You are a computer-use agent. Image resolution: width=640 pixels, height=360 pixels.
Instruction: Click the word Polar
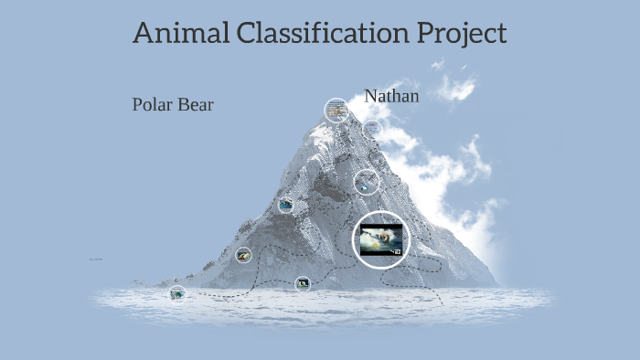(152, 104)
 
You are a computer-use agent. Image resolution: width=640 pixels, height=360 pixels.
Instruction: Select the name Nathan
(391, 95)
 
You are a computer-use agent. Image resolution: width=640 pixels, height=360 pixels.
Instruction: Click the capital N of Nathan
(370, 95)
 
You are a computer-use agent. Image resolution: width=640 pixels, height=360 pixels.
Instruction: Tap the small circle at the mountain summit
(336, 111)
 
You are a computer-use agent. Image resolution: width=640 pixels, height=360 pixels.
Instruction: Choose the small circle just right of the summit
(372, 128)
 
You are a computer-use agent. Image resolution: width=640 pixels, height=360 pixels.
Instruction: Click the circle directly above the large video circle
(367, 181)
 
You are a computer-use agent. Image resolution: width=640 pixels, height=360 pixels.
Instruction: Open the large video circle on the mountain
(380, 239)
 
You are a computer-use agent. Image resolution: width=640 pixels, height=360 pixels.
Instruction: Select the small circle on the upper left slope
(286, 206)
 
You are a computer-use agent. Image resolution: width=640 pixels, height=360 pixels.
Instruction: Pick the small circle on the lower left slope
(243, 256)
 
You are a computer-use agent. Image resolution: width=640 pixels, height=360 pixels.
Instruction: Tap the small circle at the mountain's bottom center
(303, 284)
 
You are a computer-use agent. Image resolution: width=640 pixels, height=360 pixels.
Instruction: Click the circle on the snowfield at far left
(177, 293)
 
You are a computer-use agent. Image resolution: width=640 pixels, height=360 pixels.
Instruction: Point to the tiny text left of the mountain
(95, 259)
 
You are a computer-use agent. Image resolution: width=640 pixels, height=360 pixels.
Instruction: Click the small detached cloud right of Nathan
(456, 88)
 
